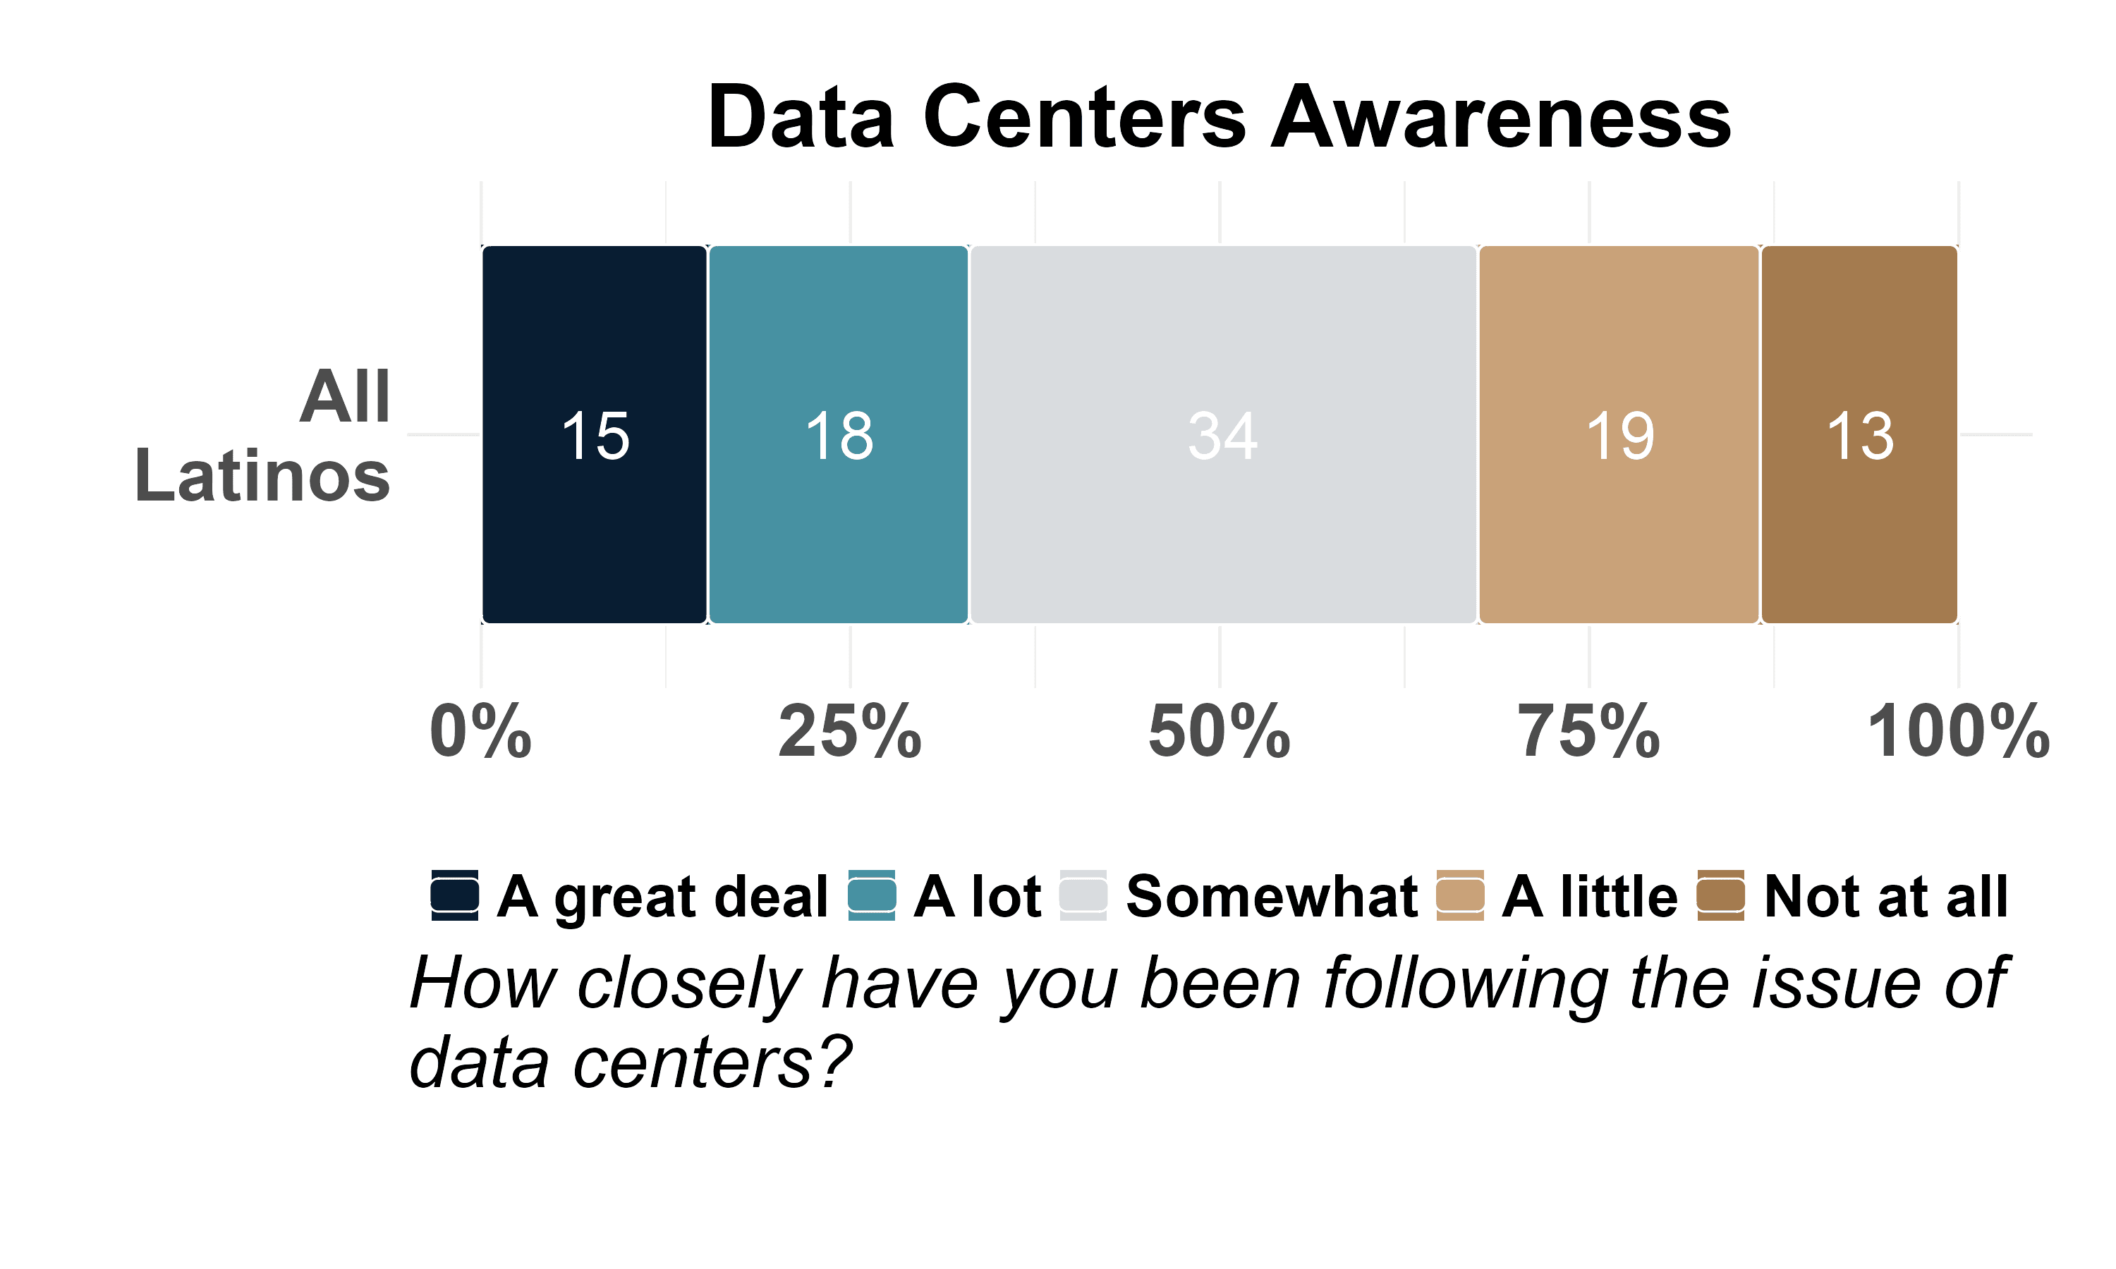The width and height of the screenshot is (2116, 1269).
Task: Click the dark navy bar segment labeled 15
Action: pyautogui.click(x=595, y=434)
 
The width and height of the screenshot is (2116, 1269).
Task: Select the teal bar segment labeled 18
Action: pyautogui.click(x=838, y=434)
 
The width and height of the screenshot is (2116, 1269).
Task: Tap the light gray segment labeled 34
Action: pyautogui.click(x=1223, y=434)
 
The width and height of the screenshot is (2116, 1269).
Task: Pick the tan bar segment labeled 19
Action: pyautogui.click(x=1619, y=434)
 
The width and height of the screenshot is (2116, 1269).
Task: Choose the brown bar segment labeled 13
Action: pyautogui.click(x=1859, y=434)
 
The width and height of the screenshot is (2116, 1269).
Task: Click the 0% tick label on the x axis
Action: pyautogui.click(x=480, y=732)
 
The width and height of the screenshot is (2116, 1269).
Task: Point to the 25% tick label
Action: pyautogui.click(x=850, y=732)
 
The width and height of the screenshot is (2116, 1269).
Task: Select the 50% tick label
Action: pyautogui.click(x=1220, y=732)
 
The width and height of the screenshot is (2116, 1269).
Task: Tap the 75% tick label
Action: pyautogui.click(x=1589, y=732)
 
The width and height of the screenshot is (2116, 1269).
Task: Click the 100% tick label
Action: pyautogui.click(x=1959, y=732)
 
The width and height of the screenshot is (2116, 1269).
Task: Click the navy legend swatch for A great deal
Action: pyautogui.click(x=455, y=895)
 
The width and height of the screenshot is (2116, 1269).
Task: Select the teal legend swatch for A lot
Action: pyautogui.click(x=872, y=895)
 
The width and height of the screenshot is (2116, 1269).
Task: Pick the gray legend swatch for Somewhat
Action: pyautogui.click(x=1083, y=895)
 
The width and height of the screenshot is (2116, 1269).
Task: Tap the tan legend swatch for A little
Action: pyautogui.click(x=1460, y=895)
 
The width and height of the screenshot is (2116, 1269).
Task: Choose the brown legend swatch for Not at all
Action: pyautogui.click(x=1721, y=895)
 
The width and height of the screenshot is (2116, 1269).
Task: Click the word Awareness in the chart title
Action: pyautogui.click(x=1501, y=117)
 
